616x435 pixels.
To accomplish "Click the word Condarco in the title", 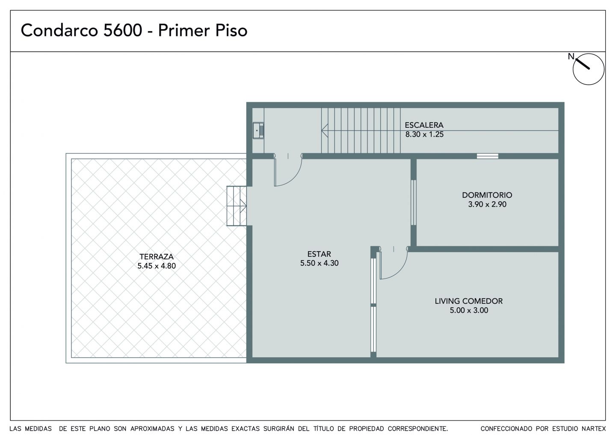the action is pyautogui.click(x=59, y=30).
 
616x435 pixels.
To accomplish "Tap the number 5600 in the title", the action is pyautogui.click(x=123, y=30).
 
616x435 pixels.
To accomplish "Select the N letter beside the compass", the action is pyautogui.click(x=571, y=56).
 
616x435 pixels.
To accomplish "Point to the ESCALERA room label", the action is pyautogui.click(x=424, y=125).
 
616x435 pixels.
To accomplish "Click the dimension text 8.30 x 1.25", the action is pyautogui.click(x=424, y=134).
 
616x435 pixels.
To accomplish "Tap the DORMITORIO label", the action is pyautogui.click(x=487, y=195).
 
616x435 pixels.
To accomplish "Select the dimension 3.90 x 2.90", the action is pyautogui.click(x=487, y=204).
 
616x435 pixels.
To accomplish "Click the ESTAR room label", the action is pyautogui.click(x=319, y=254).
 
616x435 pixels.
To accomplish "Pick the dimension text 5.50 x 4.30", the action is pyautogui.click(x=319, y=263).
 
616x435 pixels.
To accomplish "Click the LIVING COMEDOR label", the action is pyautogui.click(x=468, y=301).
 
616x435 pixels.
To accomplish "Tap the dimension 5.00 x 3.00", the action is pyautogui.click(x=469, y=310).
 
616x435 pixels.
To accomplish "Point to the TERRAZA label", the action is pyautogui.click(x=157, y=257).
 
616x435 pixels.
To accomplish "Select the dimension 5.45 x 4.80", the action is pyautogui.click(x=157, y=266).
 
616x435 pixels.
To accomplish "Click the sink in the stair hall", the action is pyautogui.click(x=258, y=130).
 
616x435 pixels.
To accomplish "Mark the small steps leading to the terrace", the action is pyautogui.click(x=237, y=206).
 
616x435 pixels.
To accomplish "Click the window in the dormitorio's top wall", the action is pyautogui.click(x=488, y=156).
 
